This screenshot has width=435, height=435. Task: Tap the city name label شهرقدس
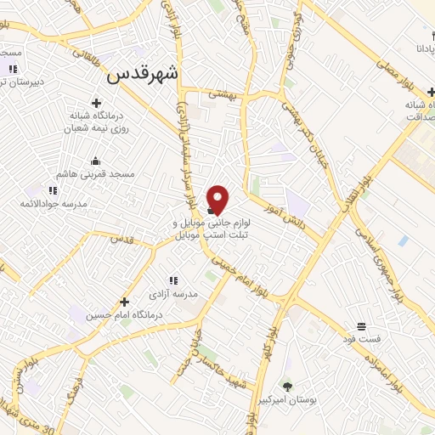[x=143, y=75]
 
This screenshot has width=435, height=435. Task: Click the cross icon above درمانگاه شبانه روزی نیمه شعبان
[x=108, y=103]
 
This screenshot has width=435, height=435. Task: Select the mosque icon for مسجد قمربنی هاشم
[x=95, y=161]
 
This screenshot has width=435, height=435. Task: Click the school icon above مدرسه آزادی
[x=172, y=280]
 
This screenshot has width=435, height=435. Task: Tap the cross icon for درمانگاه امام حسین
[x=125, y=302]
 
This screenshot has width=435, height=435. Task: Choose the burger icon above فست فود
[x=361, y=327]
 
